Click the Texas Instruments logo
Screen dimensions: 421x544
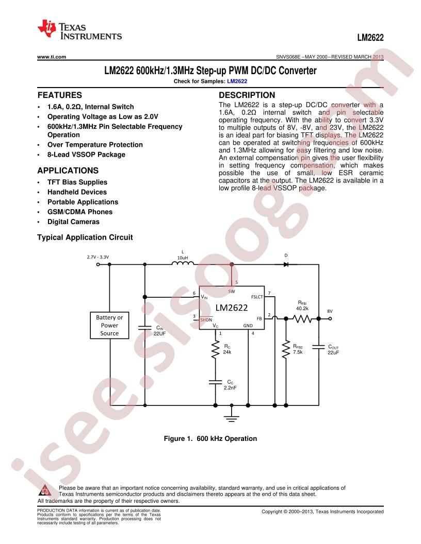79,30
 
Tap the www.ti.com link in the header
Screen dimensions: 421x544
52,57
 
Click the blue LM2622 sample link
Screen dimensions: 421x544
237,81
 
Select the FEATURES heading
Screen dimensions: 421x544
60,95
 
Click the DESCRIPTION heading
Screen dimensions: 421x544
247,95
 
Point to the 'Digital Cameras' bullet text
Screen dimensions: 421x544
73,222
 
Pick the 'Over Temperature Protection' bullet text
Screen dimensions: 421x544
95,145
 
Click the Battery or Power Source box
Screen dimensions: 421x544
109,325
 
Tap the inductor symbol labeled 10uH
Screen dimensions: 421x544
183,263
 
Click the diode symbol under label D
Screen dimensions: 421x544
286,264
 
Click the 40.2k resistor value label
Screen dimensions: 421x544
302,309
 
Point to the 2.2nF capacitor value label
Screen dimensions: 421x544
230,387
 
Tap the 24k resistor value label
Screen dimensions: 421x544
227,352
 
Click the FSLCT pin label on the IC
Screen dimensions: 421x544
257,297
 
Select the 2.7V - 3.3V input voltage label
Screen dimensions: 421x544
98,257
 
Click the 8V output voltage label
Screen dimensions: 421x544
330,311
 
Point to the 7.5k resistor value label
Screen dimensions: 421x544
298,352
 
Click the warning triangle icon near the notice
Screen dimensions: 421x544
45,490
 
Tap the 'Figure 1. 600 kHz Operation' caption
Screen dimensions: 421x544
211,438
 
